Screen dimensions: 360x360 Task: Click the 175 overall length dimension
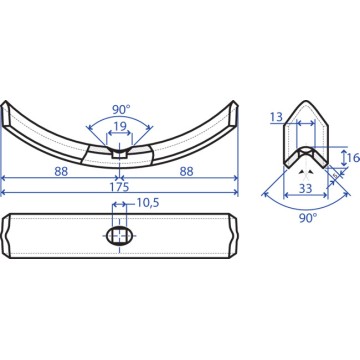point(119,187)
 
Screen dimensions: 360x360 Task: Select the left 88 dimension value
point(61,172)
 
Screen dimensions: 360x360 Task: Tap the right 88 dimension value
point(186,172)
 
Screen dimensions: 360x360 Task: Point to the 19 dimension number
point(119,126)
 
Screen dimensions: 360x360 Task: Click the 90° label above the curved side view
point(121,109)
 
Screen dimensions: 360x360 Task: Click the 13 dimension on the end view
point(276,117)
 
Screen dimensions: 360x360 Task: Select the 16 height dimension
point(354,157)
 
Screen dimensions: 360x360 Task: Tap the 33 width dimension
point(305,189)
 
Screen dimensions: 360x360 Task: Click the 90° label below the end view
point(307,219)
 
